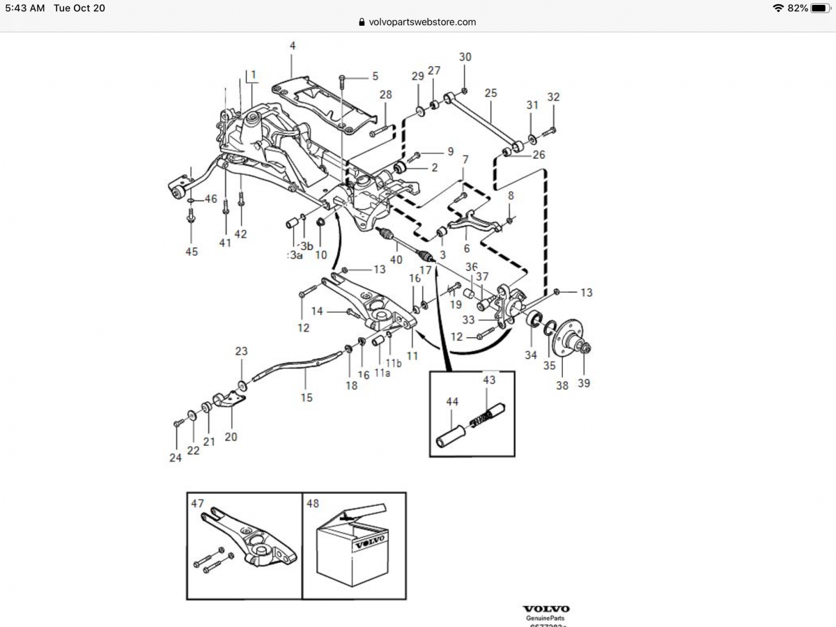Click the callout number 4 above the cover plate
(293, 46)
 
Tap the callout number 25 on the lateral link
(490, 93)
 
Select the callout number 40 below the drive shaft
(396, 260)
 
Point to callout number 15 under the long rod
(307, 398)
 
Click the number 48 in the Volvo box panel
(312, 503)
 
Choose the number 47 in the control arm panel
(197, 503)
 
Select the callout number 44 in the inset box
(452, 402)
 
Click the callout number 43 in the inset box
(489, 380)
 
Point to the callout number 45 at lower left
(191, 251)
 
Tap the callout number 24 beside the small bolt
(175, 458)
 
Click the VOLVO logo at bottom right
(546, 608)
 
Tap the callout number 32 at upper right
(553, 97)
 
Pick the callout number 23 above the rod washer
(241, 351)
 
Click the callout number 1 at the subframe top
(253, 74)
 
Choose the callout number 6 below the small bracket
(467, 249)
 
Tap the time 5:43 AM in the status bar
(24, 8)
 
